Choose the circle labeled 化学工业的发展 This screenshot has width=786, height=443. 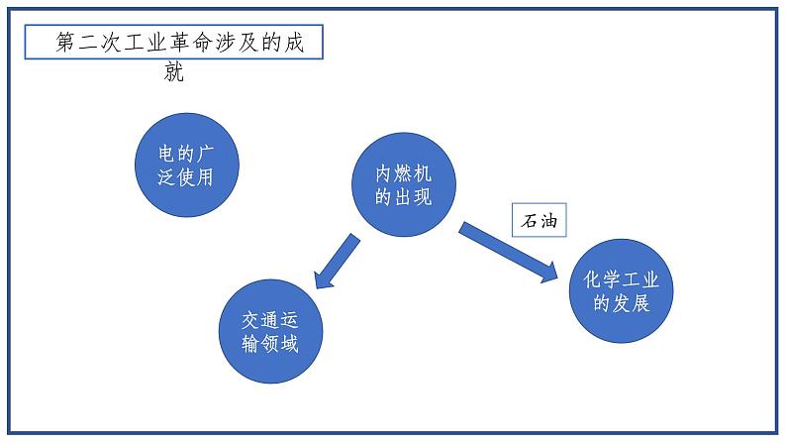pyautogui.click(x=622, y=291)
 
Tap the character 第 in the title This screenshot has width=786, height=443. pyautogui.click(x=66, y=44)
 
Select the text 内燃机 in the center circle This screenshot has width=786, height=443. pyautogui.click(x=404, y=171)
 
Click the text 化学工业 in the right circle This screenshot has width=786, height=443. pyautogui.click(x=622, y=279)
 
